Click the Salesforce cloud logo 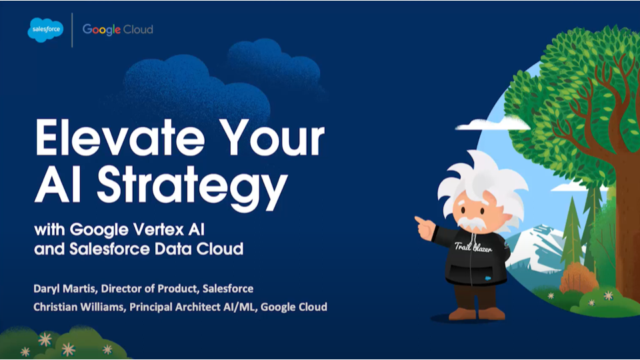click(x=45, y=29)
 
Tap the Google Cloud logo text click(x=118, y=29)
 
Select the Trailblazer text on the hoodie click(x=472, y=248)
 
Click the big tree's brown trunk click(x=623, y=200)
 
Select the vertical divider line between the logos click(x=73, y=29)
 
